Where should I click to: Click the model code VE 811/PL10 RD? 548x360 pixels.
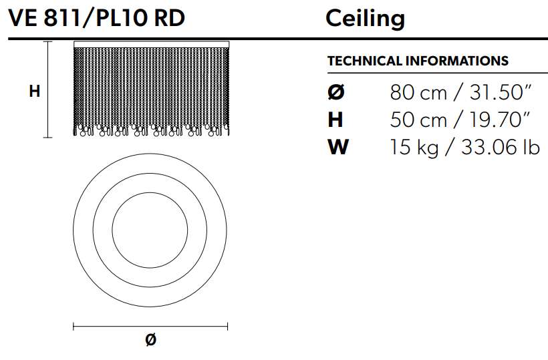[96, 18]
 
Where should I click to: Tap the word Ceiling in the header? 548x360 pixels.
[365, 19]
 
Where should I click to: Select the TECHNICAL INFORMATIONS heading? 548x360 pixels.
[418, 61]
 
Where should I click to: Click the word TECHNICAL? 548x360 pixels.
[365, 61]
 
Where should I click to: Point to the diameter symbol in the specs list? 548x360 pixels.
[336, 93]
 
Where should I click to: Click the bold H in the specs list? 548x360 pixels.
[335, 120]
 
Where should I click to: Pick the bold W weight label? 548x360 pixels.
[338, 147]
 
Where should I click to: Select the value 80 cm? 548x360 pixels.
[418, 93]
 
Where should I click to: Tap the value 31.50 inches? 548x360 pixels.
[500, 93]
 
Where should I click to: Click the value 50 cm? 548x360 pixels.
[418, 120]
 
